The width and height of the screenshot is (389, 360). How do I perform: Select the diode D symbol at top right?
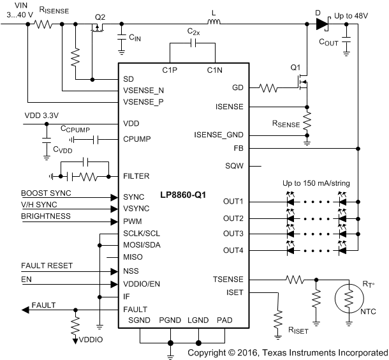pos(321,25)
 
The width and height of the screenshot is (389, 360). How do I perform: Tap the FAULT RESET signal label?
pos(47,265)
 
